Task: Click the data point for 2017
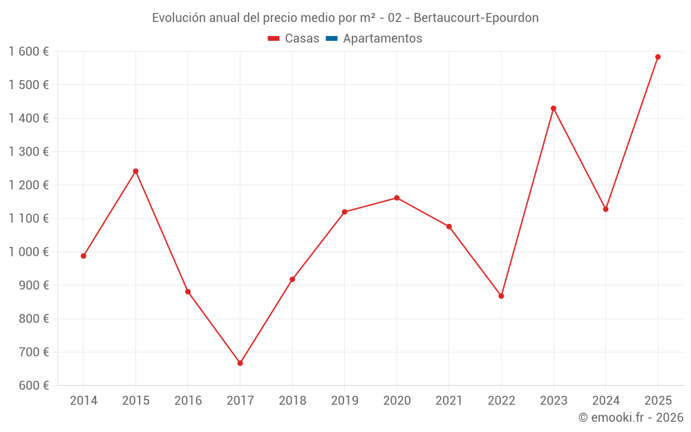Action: [240, 363]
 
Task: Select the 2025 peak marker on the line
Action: [658, 57]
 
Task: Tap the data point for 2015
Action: [135, 171]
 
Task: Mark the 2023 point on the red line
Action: [553, 108]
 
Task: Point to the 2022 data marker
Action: [501, 296]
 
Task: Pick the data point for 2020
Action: [397, 198]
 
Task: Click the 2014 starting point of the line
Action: [84, 256]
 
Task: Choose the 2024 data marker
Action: [605, 209]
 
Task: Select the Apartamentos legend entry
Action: [382, 39]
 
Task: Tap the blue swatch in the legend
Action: [332, 39]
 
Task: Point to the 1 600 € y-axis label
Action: [28, 52]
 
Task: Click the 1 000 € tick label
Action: [28, 252]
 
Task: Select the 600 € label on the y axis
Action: [32, 386]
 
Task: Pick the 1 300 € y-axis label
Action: [28, 152]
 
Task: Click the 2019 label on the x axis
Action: [345, 401]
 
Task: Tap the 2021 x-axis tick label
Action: [449, 401]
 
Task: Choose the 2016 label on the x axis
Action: [188, 401]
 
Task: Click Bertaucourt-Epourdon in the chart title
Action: [476, 18]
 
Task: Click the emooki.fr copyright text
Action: [630, 417]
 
